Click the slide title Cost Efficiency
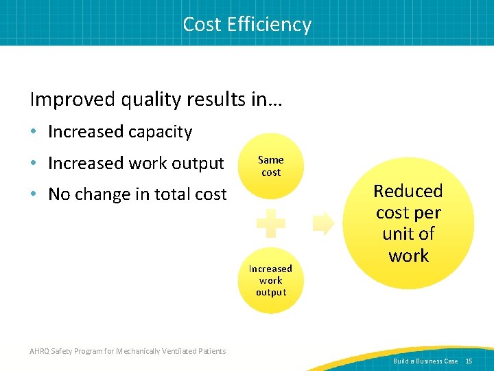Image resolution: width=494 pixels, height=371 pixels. tap(247, 24)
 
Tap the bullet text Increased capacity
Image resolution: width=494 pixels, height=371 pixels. tap(120, 131)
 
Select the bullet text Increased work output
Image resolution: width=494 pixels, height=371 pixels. tap(136, 163)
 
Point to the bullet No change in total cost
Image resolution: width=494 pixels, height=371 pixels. tap(137, 194)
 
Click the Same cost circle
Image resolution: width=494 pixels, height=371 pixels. tap(271, 166)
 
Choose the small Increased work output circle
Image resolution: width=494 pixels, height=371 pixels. tap(271, 280)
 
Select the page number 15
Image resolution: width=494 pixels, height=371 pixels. tap(469, 361)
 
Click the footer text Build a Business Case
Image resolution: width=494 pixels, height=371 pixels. tap(425, 361)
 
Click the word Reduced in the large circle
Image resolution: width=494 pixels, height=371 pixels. tap(408, 191)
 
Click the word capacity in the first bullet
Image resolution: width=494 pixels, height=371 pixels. tap(164, 131)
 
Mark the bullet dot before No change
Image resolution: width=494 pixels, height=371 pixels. tap(35, 195)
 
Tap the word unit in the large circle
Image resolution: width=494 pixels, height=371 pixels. tap(398, 234)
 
